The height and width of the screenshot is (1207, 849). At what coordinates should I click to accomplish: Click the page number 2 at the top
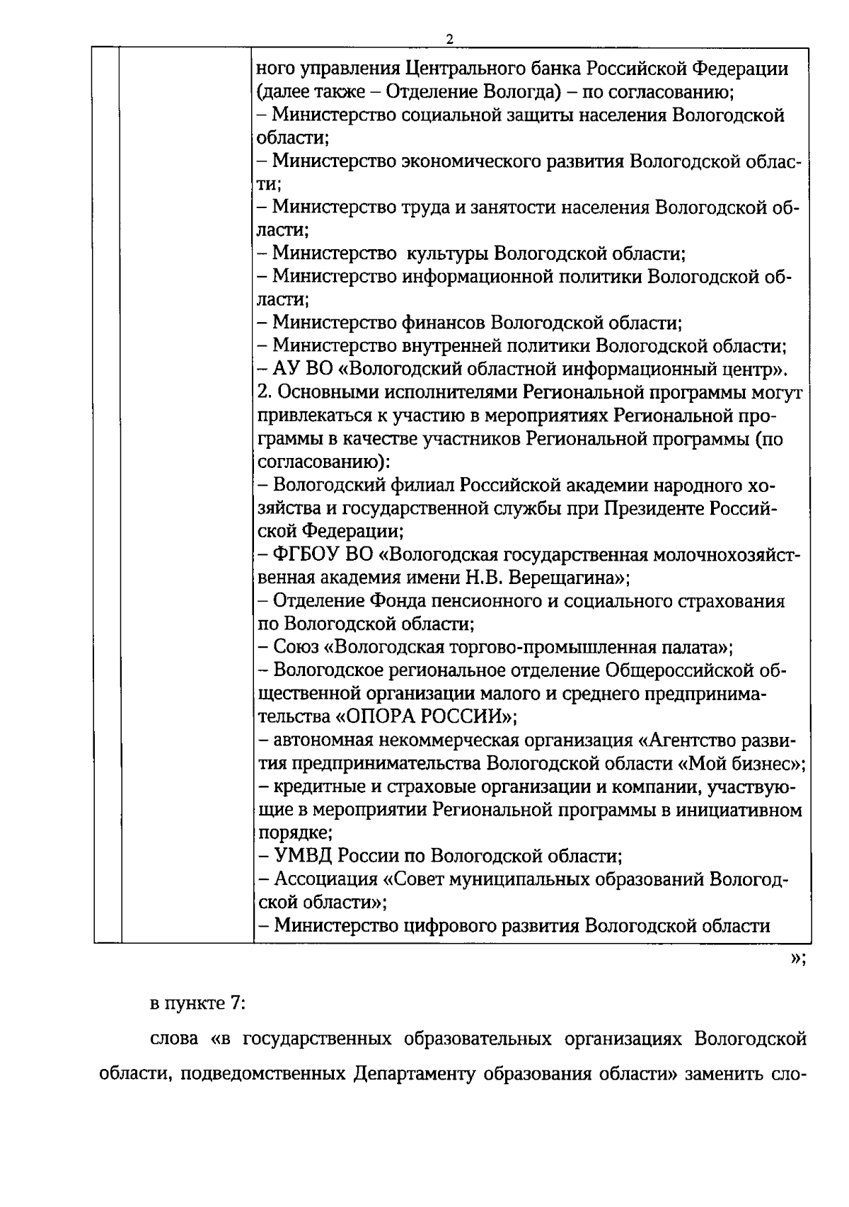(449, 39)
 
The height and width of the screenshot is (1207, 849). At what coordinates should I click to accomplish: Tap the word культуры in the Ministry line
(444, 253)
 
